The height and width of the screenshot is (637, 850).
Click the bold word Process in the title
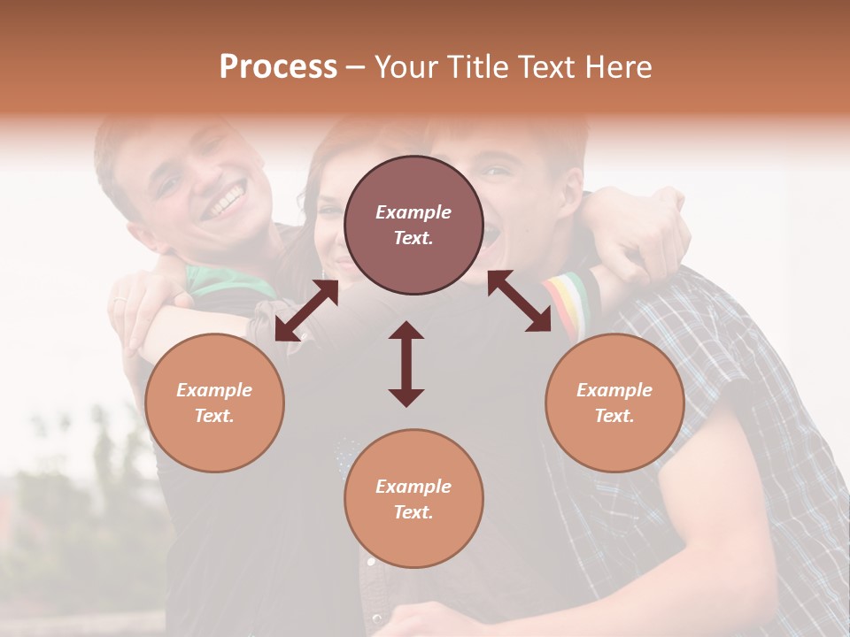[x=278, y=67]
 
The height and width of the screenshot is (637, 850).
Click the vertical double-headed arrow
[x=406, y=364]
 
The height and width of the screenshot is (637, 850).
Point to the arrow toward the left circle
[x=306, y=310]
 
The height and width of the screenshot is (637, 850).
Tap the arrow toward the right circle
[x=520, y=301]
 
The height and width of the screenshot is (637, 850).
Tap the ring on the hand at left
[x=119, y=303]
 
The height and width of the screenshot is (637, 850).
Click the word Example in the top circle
[x=413, y=212]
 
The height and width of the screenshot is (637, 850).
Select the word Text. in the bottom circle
[x=413, y=512]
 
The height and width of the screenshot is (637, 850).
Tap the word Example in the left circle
[x=214, y=390]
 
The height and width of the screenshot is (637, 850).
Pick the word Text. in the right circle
[x=614, y=416]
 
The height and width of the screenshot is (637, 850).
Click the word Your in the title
[x=405, y=67]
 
